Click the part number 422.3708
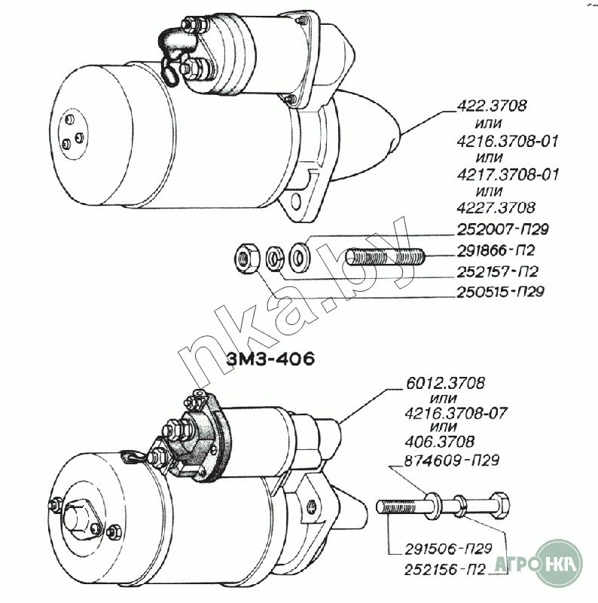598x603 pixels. [x=492, y=106]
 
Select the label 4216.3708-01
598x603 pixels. [x=508, y=141]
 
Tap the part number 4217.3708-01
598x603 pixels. [x=508, y=175]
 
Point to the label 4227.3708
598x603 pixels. [x=496, y=208]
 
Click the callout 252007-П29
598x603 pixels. [x=502, y=230]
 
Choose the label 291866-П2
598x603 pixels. [x=496, y=251]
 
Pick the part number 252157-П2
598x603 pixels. [x=497, y=272]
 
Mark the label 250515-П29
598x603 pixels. [x=500, y=292]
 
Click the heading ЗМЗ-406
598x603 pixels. [x=270, y=359]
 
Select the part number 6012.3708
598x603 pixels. [x=445, y=383]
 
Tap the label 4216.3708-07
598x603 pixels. [x=456, y=413]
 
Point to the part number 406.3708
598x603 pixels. [x=440, y=442]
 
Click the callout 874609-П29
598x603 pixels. [x=452, y=460]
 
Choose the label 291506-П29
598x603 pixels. [x=448, y=549]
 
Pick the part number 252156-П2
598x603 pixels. [x=445, y=570]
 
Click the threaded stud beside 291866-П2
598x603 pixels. [x=385, y=256]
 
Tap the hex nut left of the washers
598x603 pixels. [x=247, y=258]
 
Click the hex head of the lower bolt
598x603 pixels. [x=500, y=504]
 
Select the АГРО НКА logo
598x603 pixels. [x=538, y=564]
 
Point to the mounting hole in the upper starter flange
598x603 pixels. [x=296, y=201]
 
